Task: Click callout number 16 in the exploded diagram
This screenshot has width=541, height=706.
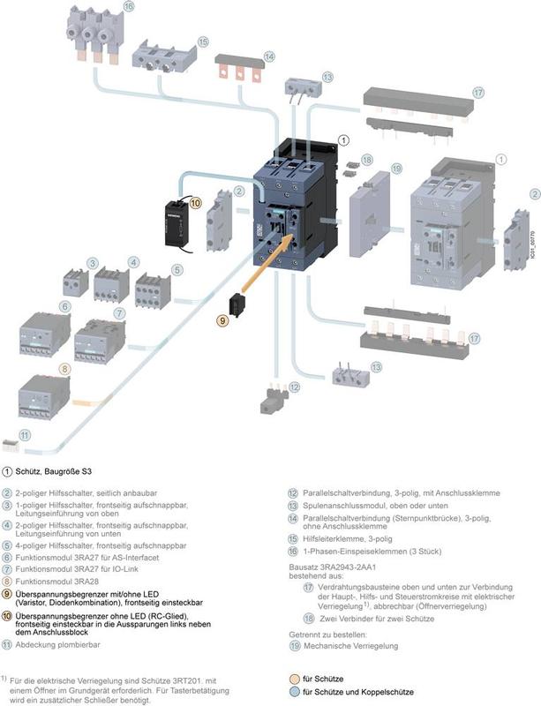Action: coord(129,7)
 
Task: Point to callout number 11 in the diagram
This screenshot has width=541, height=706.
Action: coord(25,434)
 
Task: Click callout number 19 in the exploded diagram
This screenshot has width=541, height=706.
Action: coord(396,168)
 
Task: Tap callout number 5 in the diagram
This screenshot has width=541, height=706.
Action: coord(177,270)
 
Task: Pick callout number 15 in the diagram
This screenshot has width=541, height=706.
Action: coord(202,41)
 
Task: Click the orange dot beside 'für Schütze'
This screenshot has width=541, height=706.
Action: coord(294,679)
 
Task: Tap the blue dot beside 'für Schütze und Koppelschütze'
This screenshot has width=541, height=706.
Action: coord(294,692)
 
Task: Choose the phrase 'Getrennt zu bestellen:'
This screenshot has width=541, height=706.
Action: coord(324,633)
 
